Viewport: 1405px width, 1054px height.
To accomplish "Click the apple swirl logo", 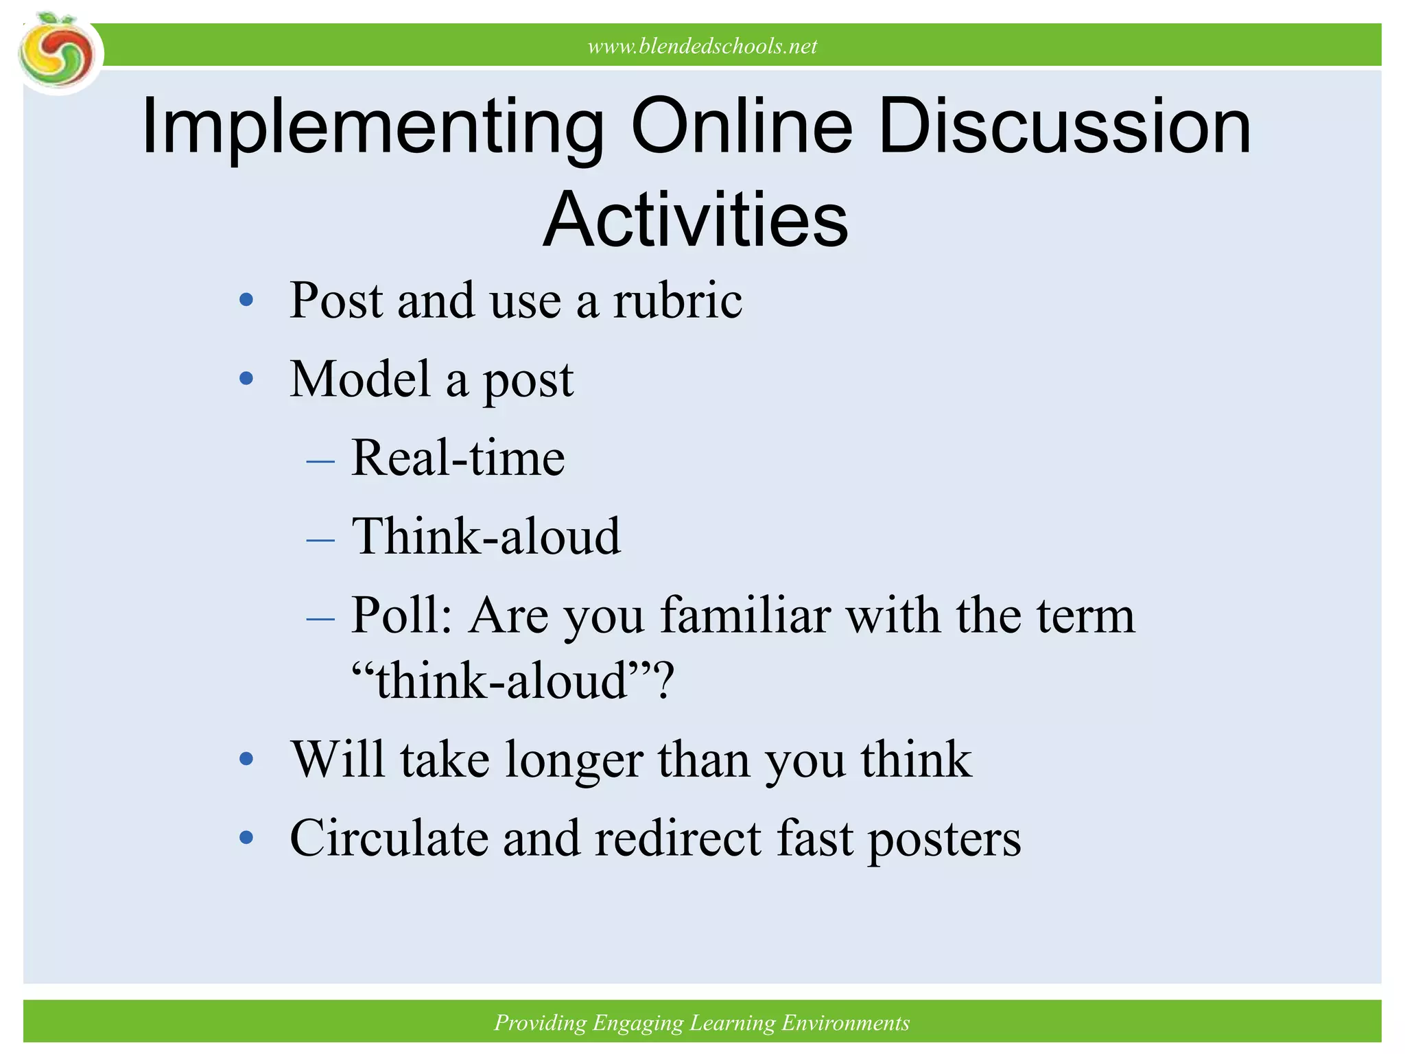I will click(58, 54).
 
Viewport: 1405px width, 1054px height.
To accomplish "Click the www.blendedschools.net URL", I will click(702, 46).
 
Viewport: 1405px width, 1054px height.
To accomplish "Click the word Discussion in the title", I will click(1064, 126).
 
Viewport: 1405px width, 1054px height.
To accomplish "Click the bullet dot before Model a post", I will click(246, 378).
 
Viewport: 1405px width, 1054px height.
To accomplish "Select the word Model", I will click(359, 379).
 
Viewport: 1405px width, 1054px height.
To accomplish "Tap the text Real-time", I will click(458, 458).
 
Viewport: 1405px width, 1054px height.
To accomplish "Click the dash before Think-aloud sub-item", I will click(320, 539).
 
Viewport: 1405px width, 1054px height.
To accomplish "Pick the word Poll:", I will click(402, 615).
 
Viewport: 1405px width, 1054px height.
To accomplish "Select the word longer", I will click(574, 760).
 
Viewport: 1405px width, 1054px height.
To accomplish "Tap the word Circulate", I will click(388, 839).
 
